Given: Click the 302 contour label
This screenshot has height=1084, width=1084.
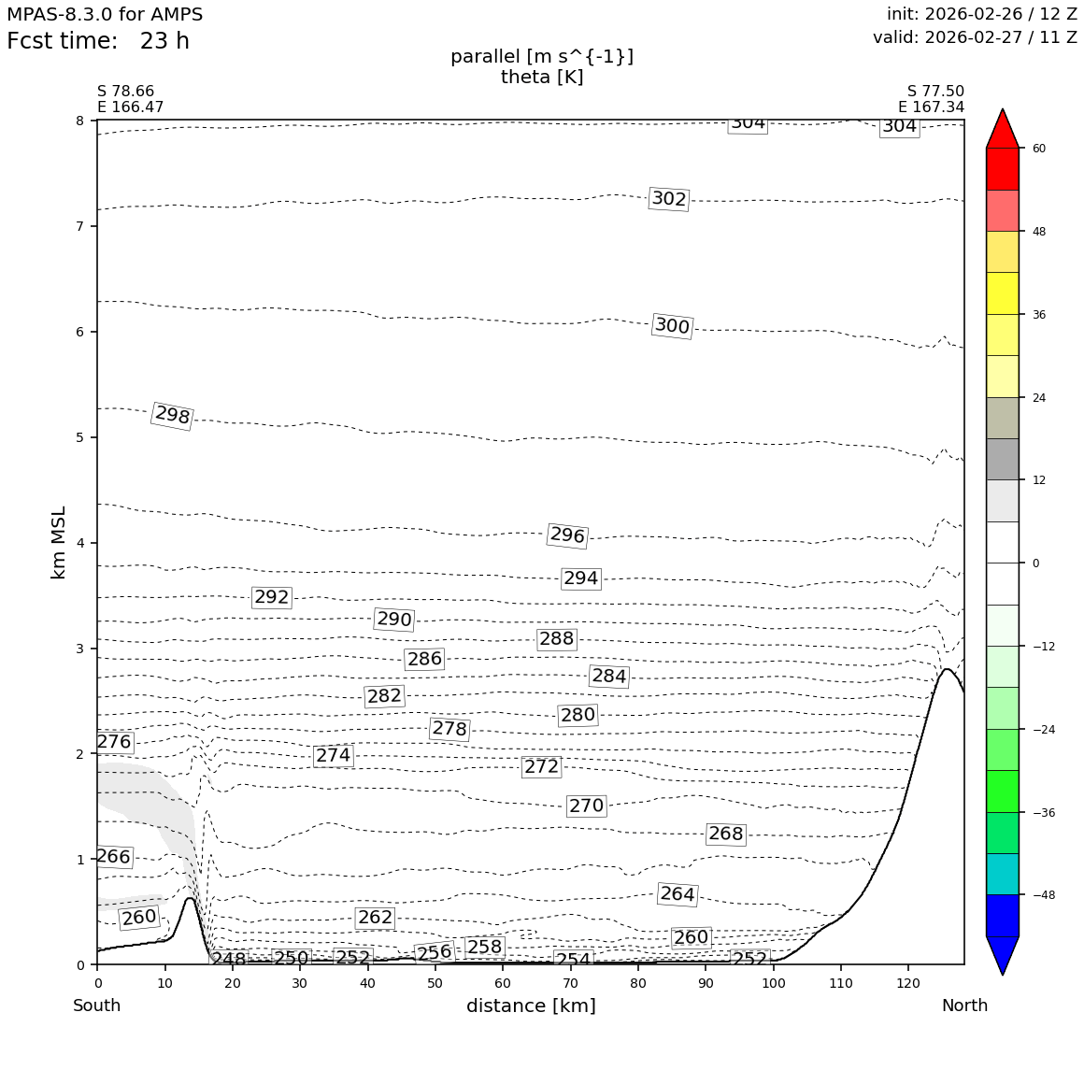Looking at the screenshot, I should click(x=669, y=199).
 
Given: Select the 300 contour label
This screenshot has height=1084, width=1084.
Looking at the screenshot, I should click(x=672, y=326).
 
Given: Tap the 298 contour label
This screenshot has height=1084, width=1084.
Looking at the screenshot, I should click(x=172, y=416).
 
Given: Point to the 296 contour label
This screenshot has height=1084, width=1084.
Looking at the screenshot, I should click(x=567, y=535).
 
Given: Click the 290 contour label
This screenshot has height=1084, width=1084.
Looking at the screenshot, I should click(x=393, y=620).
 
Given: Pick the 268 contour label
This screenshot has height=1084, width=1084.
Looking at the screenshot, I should click(x=726, y=834).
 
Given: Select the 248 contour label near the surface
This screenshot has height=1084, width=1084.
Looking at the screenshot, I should click(x=228, y=960).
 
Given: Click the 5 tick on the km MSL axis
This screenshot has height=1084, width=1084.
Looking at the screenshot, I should click(x=79, y=437).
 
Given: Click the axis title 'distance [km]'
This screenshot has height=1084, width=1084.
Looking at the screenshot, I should click(x=531, y=1006).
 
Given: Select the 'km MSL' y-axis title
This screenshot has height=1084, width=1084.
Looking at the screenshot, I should click(x=59, y=542).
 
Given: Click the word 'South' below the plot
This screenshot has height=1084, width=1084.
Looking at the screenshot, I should click(x=97, y=1006).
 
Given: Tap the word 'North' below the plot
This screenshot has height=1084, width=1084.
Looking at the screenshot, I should click(x=964, y=1006).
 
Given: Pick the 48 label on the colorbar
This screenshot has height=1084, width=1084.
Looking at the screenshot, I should click(x=1038, y=232).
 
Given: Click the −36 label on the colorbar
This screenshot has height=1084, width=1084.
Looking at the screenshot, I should click(x=1042, y=813).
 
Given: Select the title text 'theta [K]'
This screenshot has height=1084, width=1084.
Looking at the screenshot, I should click(x=542, y=78).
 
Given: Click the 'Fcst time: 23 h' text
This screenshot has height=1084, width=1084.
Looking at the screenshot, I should click(x=98, y=42).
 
